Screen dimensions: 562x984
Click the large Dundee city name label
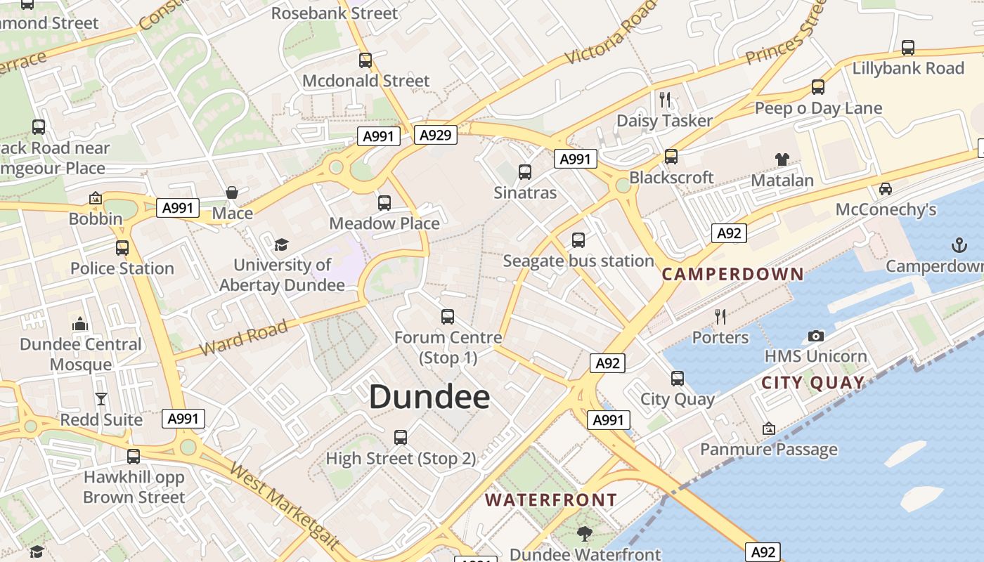[x=429, y=397]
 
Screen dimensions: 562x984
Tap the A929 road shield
[x=435, y=135]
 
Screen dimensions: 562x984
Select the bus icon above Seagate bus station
[x=578, y=240]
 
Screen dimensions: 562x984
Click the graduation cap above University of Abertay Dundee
[x=281, y=244]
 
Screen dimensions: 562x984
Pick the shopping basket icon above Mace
[x=232, y=192]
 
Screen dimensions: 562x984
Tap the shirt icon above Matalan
[x=782, y=159]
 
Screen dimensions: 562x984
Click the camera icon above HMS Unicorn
[x=815, y=336]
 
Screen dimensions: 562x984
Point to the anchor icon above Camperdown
[x=959, y=245]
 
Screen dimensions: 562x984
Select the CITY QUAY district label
[x=813, y=383]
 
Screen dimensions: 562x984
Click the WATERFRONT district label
[x=551, y=500]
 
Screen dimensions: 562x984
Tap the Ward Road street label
[x=244, y=337]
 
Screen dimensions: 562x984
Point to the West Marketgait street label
[x=285, y=504]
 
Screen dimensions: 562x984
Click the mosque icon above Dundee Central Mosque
[x=80, y=324]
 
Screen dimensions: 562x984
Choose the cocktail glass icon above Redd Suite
[x=101, y=399]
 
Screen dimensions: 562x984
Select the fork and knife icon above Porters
[x=720, y=317]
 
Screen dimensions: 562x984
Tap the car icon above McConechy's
[x=886, y=189]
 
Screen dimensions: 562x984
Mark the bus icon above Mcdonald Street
[x=365, y=60]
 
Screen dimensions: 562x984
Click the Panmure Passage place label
[x=769, y=450]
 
